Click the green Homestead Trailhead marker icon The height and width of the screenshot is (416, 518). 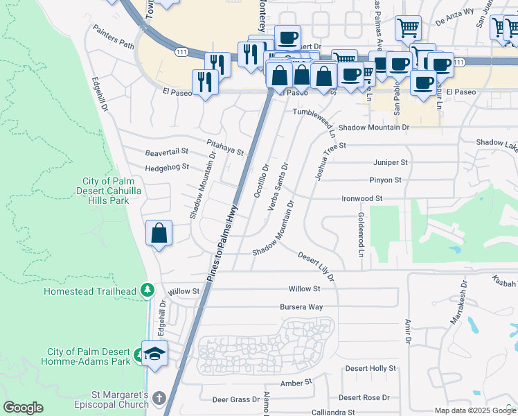146,290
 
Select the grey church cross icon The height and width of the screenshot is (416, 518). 159,399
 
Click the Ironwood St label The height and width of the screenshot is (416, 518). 362,198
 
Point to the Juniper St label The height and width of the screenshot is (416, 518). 391,162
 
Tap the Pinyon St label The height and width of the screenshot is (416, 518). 385,180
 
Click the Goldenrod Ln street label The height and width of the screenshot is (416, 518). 361,236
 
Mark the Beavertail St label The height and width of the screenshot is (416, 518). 166,151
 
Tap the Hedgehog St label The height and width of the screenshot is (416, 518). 166,168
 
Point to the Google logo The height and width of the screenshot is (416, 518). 23,408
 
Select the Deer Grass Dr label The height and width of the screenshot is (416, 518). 235,399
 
